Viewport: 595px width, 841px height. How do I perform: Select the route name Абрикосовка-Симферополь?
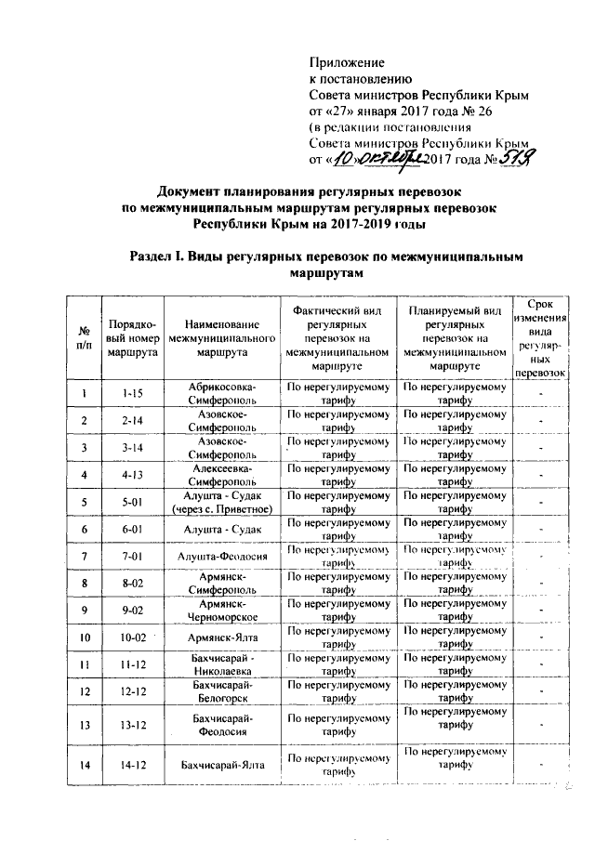[x=220, y=392]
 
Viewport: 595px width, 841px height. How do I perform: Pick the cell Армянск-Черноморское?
[x=220, y=611]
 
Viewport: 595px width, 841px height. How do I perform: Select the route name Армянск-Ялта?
[x=220, y=637]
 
